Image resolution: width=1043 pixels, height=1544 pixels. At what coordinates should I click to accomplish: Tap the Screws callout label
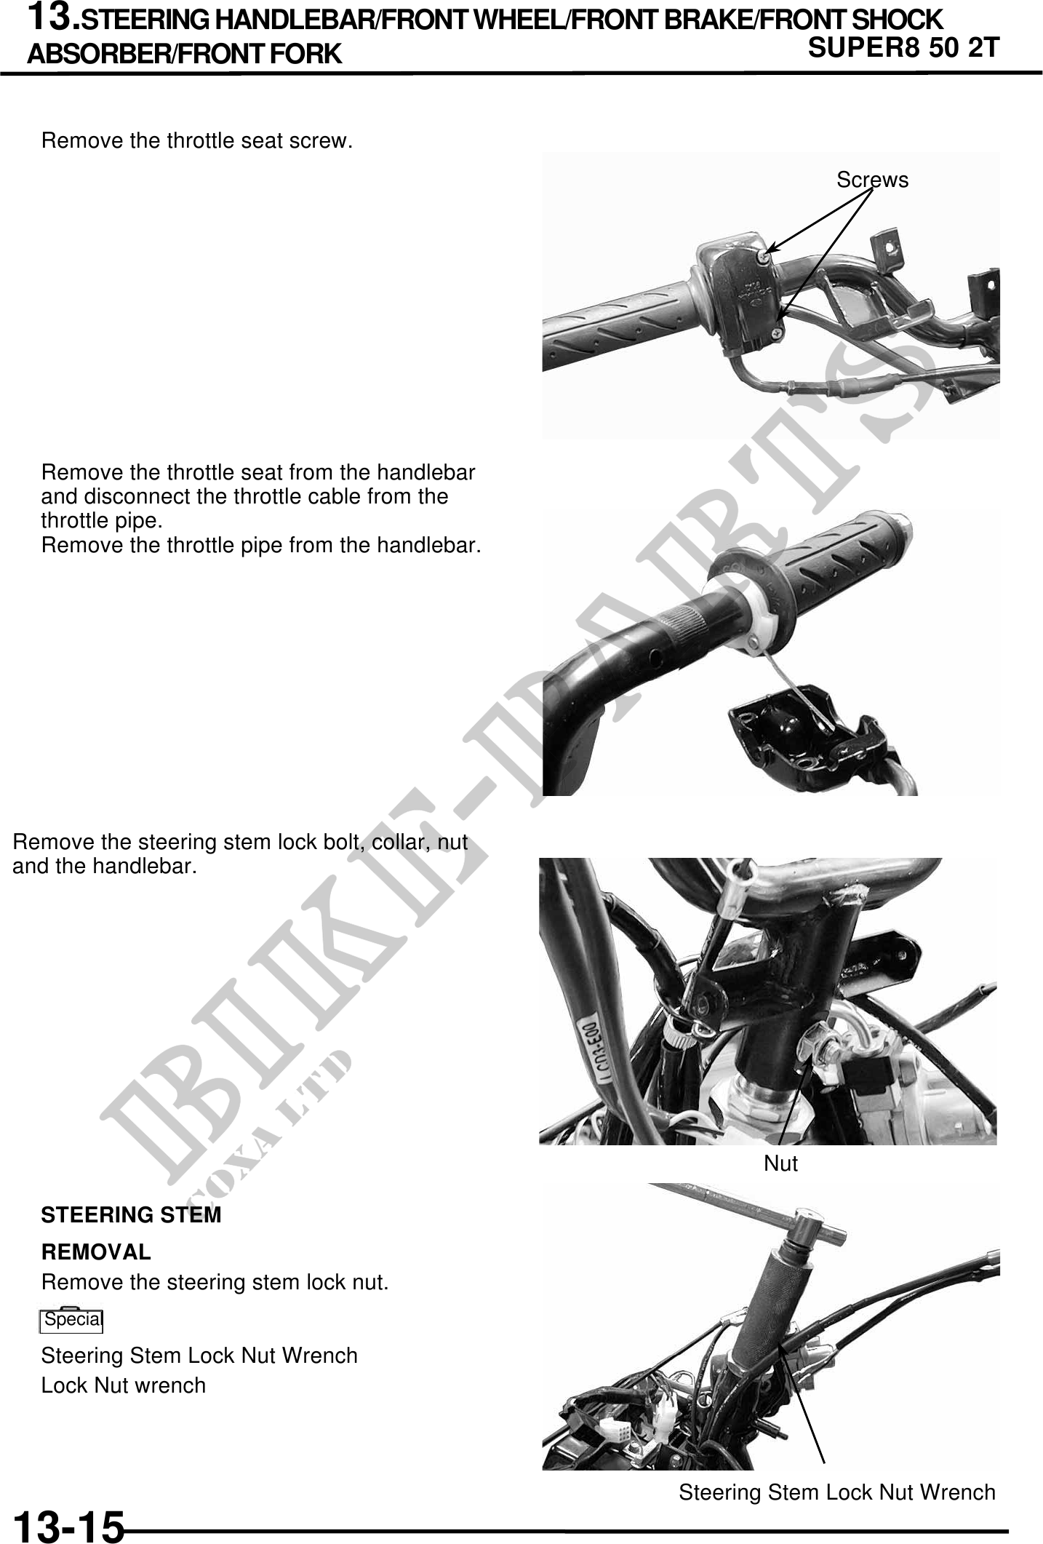tap(872, 180)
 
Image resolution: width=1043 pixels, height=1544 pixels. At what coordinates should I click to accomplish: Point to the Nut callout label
tap(780, 1163)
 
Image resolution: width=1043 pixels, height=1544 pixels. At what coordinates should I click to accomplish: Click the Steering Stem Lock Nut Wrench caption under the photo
tap(837, 1492)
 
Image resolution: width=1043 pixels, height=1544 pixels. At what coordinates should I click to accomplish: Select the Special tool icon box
tap(71, 1320)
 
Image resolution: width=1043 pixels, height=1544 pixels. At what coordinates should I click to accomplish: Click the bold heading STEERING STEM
tap(132, 1215)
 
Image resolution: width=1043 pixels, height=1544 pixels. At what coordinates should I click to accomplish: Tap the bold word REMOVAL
tap(96, 1252)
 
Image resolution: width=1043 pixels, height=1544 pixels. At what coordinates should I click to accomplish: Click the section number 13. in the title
tap(52, 17)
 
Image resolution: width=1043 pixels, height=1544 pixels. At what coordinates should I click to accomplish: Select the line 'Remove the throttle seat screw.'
tap(197, 140)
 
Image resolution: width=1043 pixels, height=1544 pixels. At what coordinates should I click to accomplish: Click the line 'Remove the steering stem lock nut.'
tap(215, 1282)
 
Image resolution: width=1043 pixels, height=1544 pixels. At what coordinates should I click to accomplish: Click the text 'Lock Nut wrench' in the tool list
tap(124, 1385)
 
